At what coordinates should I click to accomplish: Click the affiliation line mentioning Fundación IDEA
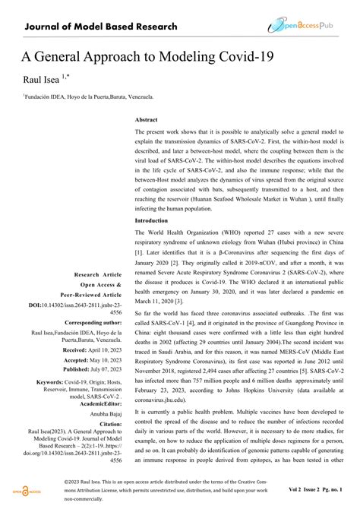(x=89, y=97)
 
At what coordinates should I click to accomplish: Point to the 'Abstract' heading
(x=147, y=119)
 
